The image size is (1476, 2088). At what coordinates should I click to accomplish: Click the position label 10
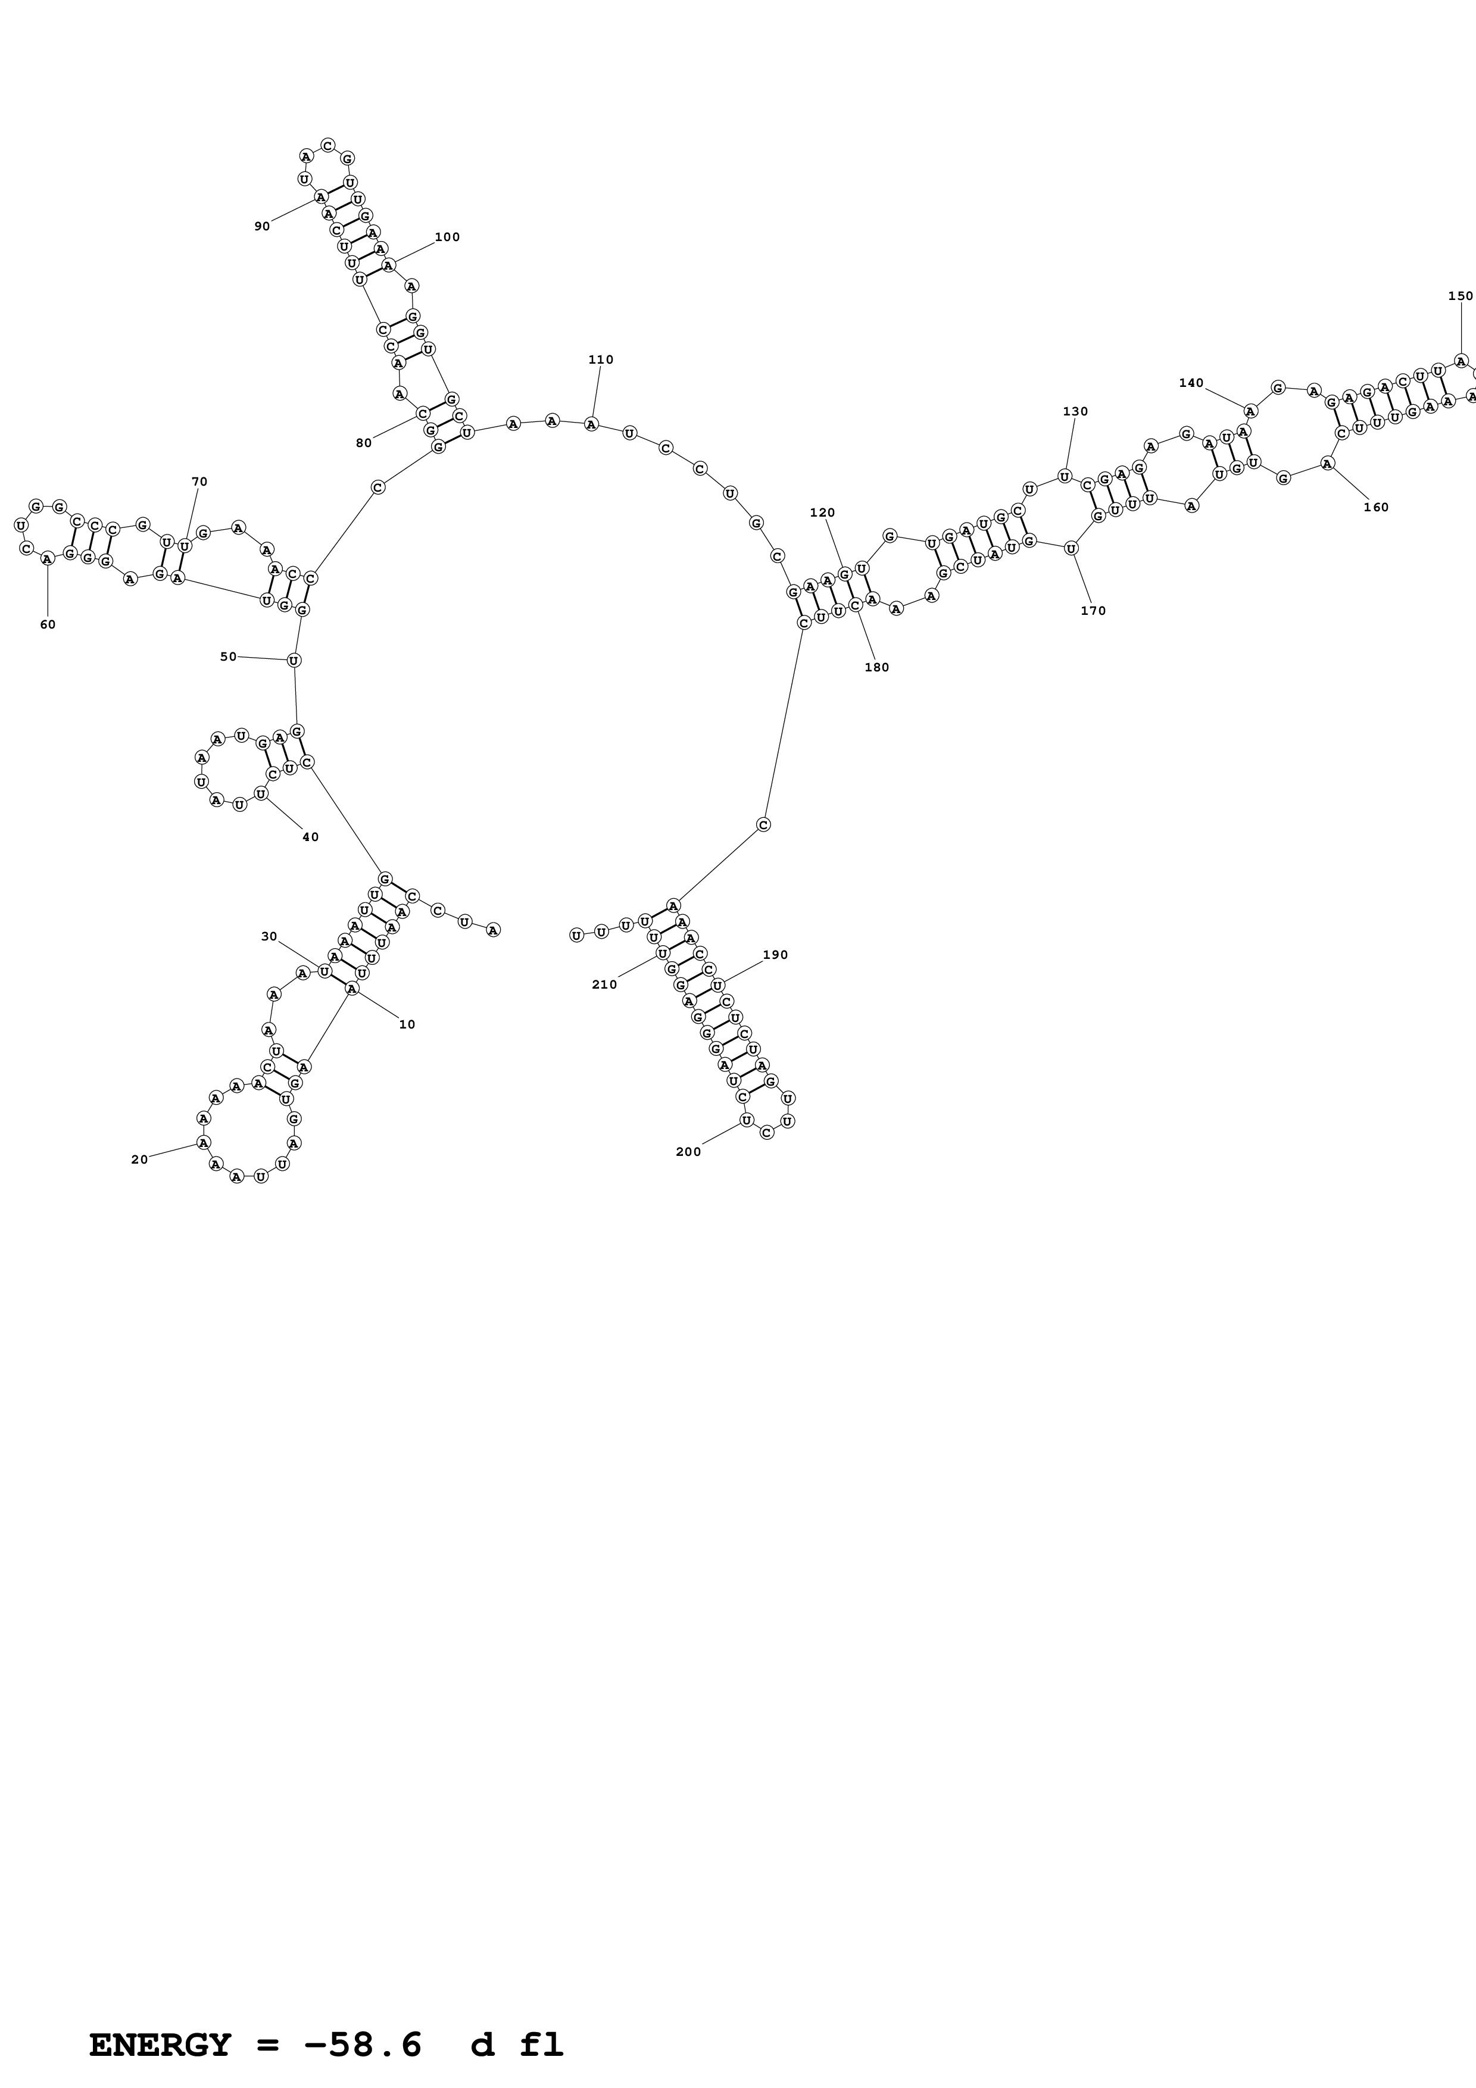click(x=407, y=1024)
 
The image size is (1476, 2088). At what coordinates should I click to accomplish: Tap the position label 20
click(x=139, y=1159)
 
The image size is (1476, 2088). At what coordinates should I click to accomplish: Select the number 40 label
click(x=310, y=837)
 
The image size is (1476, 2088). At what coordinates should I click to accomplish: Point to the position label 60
click(x=47, y=625)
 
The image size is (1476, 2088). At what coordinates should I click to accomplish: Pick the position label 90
click(x=262, y=226)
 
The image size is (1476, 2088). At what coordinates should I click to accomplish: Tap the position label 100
click(x=447, y=237)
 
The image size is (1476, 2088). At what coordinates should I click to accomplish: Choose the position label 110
click(x=600, y=360)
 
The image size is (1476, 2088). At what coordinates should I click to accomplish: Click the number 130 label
click(x=1075, y=411)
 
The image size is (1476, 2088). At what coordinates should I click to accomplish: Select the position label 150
click(x=1460, y=296)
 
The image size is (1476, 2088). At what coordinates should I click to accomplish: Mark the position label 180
click(x=876, y=667)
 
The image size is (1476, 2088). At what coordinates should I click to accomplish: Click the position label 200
click(x=688, y=1151)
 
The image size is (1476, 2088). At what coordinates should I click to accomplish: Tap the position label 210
click(x=604, y=984)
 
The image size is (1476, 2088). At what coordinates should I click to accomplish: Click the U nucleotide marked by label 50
click(x=294, y=660)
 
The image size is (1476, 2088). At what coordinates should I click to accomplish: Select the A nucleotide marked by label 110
click(x=591, y=424)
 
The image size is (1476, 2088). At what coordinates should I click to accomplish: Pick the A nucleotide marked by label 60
click(x=47, y=559)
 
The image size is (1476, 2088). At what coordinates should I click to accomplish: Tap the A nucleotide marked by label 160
click(x=1327, y=464)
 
